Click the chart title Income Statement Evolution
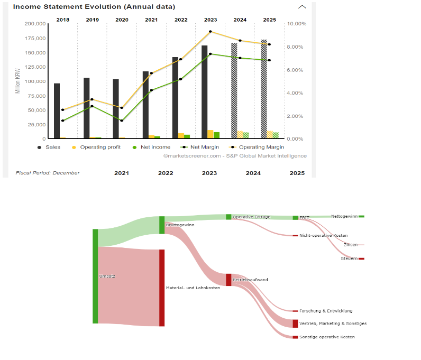coord(94,7)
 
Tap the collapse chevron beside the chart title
coord(302,7)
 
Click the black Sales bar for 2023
coord(205,92)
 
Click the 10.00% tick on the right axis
coord(296,24)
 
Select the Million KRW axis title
coord(17,81)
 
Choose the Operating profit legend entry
coord(100,147)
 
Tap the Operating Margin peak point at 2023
coord(211,32)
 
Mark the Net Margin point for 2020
coord(122,121)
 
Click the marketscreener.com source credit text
coord(235,156)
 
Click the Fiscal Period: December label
coord(48,173)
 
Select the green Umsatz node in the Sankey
coord(95,276)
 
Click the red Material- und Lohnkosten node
coord(162,288)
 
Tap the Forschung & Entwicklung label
coord(325,311)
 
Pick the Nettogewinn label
coord(344,216)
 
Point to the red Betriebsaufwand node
coord(228,280)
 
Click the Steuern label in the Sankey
coord(349,259)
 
